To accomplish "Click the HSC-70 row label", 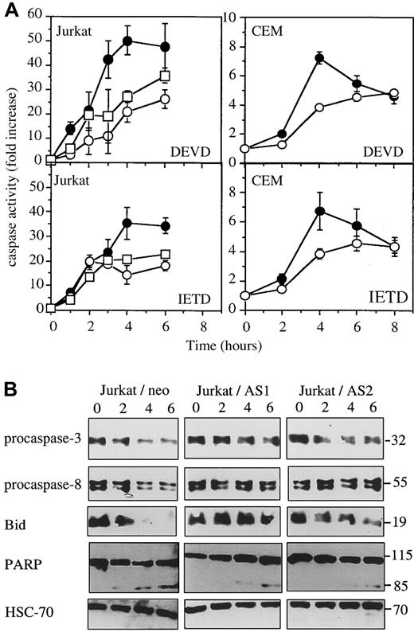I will click(x=31, y=611).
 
